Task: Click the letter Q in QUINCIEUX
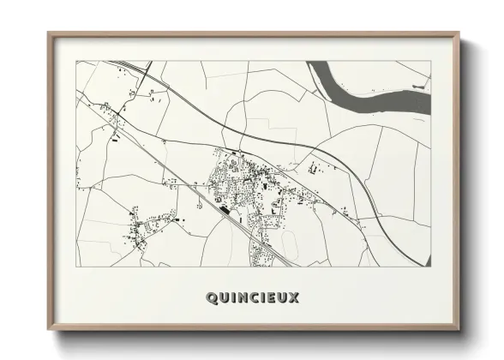(x=212, y=298)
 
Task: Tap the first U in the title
(x=224, y=298)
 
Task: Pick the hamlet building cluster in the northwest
(x=107, y=112)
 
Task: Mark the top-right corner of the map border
(x=429, y=61)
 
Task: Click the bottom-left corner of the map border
(x=76, y=266)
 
